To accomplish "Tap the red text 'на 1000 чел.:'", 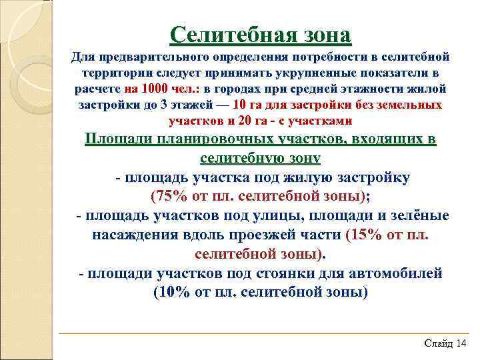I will pos(162,89).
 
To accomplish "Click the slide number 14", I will pos(462,343).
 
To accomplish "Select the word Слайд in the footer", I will pos(438,343).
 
